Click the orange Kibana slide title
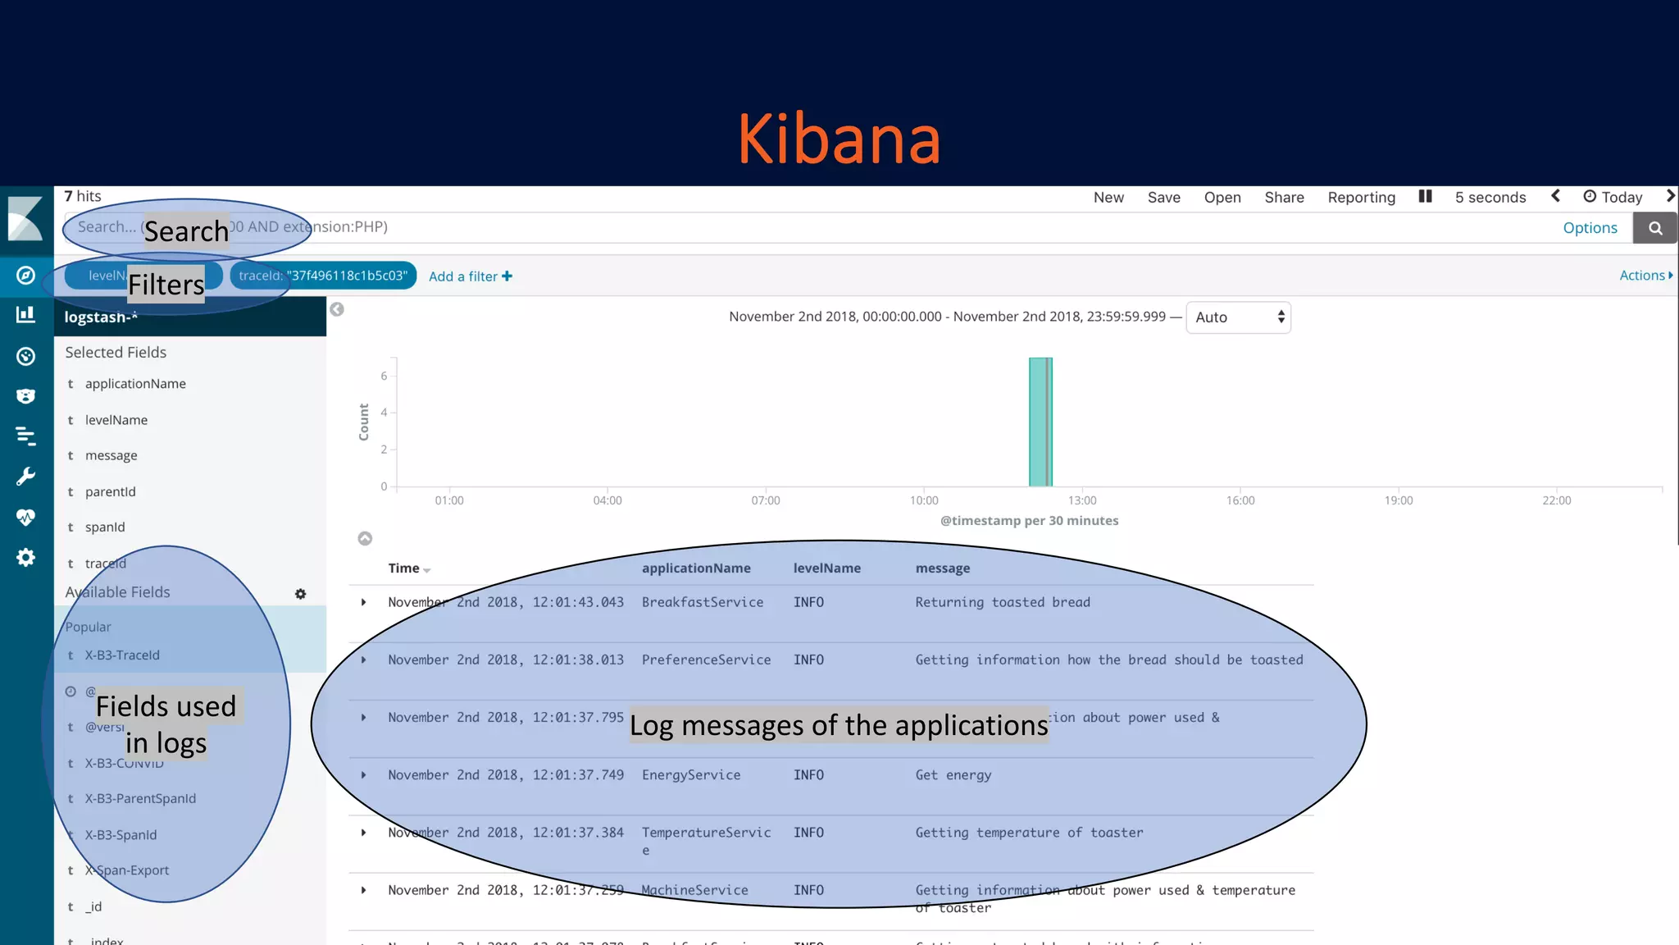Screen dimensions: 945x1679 click(839, 139)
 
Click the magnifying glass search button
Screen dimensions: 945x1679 click(1655, 228)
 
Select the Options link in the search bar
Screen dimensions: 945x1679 click(1590, 228)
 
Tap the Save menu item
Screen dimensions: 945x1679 click(1163, 198)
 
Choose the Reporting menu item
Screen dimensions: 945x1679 click(1361, 198)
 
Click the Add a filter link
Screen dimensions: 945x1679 click(470, 276)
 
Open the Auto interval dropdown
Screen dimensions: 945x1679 click(1238, 317)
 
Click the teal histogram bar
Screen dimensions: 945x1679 click(1040, 422)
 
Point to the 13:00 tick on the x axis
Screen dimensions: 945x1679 click(1081, 500)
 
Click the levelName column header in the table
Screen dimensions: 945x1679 click(826, 568)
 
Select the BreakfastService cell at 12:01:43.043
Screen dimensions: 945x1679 click(702, 602)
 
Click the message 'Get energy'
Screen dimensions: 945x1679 click(953, 775)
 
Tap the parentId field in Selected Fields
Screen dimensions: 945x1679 click(110, 491)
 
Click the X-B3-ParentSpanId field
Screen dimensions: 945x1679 click(140, 798)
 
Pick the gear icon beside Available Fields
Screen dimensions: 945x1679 click(300, 594)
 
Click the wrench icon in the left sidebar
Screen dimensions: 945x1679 click(26, 477)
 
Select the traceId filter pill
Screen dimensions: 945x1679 click(323, 276)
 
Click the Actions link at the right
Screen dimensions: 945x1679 click(1645, 276)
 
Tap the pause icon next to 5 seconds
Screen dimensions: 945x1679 click(1425, 197)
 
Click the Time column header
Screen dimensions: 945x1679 click(403, 568)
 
